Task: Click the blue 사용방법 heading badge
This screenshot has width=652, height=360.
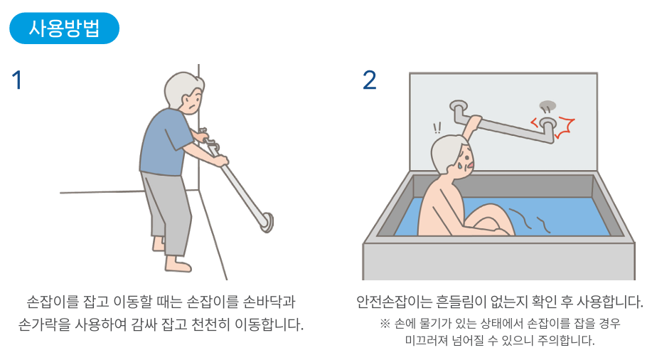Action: (65, 28)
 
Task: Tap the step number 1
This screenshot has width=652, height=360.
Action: (16, 80)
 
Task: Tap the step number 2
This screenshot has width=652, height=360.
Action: (369, 80)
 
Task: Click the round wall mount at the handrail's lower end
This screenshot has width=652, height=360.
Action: (268, 222)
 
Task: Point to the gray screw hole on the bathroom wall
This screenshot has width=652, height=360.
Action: (547, 105)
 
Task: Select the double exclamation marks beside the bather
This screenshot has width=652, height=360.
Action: (437, 128)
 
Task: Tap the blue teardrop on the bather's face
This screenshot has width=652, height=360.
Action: (461, 166)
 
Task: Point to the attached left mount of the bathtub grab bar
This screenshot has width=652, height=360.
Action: (458, 107)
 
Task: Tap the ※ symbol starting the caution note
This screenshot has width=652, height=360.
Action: (385, 324)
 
